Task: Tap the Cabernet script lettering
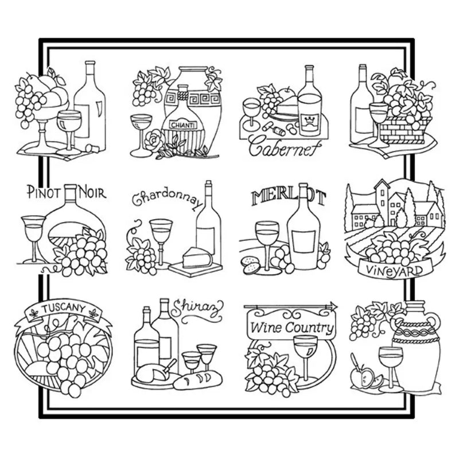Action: [285, 147]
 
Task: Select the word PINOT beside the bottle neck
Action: [45, 192]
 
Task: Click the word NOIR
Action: [92, 193]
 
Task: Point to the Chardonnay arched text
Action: [168, 199]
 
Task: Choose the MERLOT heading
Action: [289, 197]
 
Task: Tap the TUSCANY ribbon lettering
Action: [63, 308]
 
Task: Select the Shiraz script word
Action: [197, 312]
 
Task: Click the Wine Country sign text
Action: [291, 327]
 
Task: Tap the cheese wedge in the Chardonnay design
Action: [197, 258]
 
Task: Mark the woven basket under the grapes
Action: [404, 130]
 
